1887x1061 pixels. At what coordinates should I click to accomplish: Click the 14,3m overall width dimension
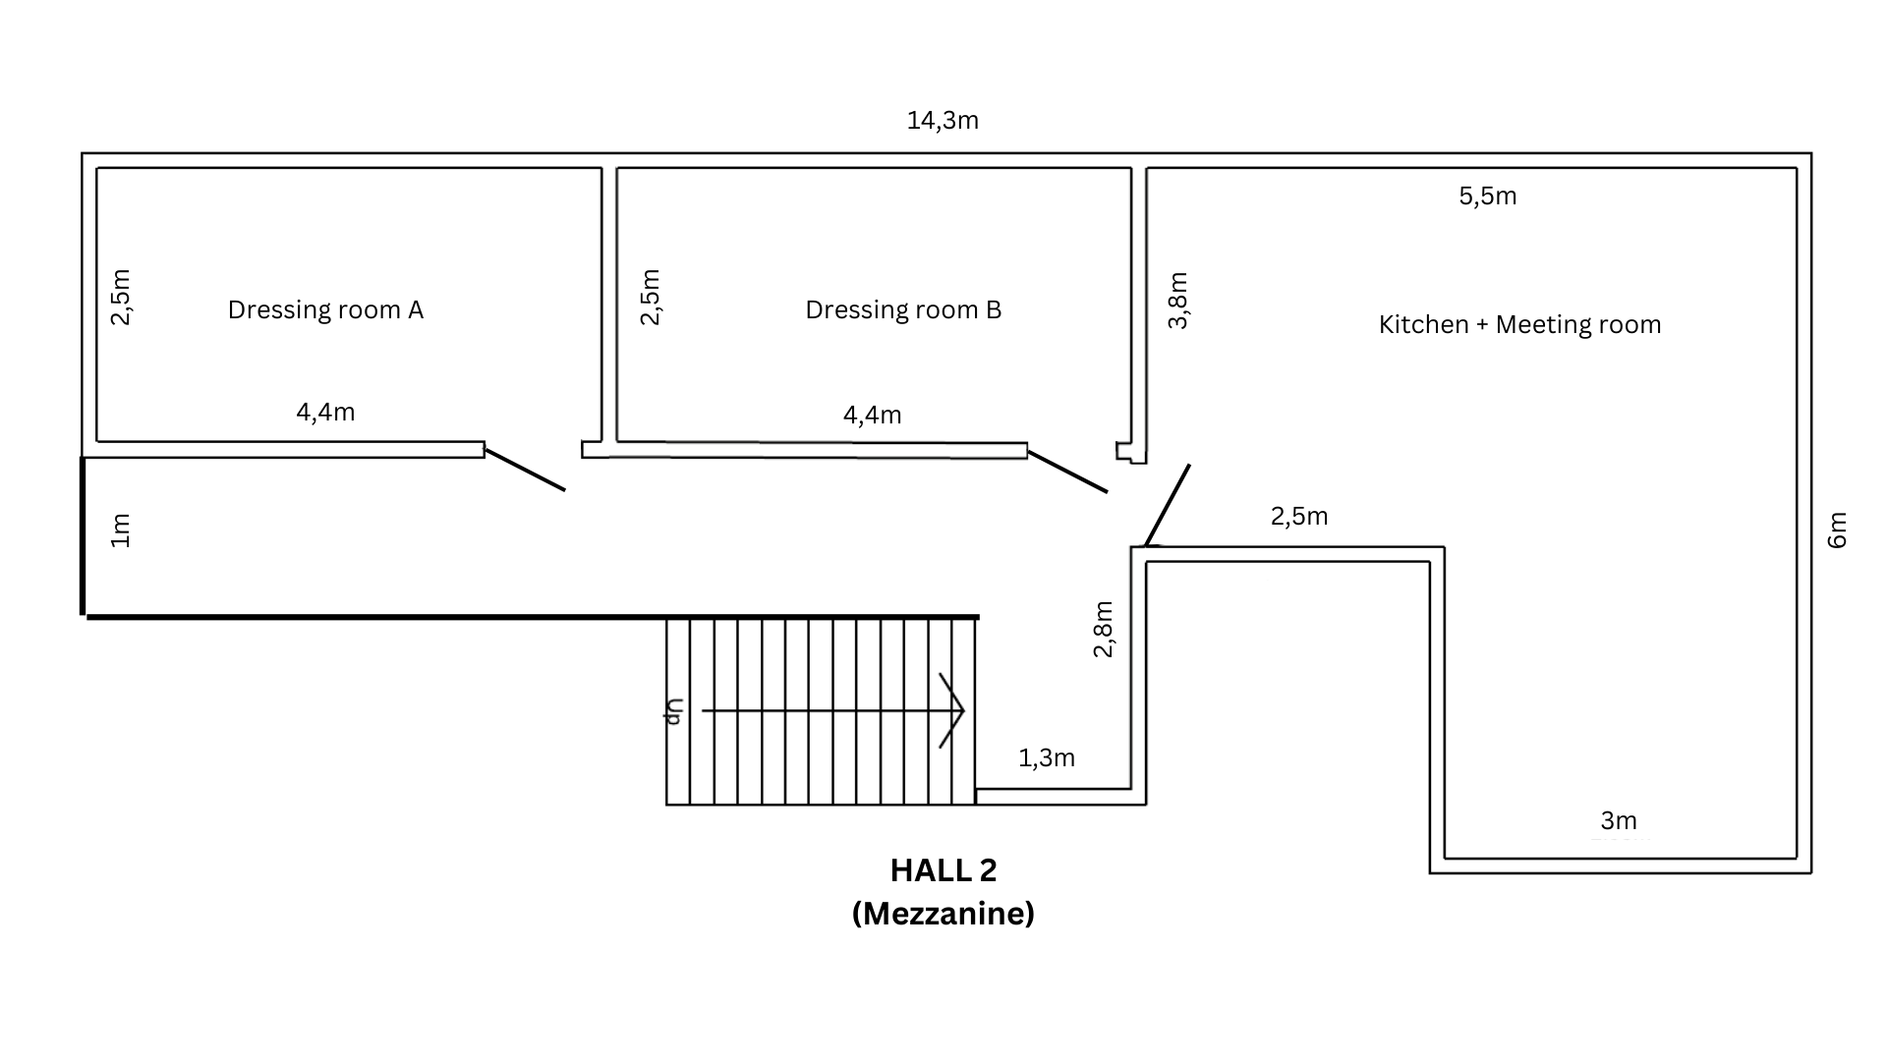943,121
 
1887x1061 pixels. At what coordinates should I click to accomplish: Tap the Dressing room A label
325,309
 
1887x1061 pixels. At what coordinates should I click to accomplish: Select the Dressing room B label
903,309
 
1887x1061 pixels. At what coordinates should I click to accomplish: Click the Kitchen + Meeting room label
1519,324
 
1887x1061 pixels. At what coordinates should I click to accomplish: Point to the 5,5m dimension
1487,196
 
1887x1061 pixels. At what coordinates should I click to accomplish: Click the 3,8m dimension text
1177,300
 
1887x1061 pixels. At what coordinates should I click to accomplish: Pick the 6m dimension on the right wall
1837,530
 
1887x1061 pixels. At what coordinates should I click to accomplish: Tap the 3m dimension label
1618,820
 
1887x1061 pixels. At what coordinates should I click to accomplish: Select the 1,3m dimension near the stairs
1046,757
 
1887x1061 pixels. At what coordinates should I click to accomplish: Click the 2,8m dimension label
1103,629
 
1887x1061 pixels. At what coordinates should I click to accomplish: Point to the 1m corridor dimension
120,530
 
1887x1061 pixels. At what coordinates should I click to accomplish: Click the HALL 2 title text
943,870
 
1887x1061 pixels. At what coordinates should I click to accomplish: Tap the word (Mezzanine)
943,914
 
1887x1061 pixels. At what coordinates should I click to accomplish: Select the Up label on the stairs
674,711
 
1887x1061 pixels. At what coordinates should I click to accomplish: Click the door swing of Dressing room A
525,470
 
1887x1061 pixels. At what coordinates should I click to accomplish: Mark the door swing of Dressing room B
1067,472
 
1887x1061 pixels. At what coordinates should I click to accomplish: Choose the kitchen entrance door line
1168,505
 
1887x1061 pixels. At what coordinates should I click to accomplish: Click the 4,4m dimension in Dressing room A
325,413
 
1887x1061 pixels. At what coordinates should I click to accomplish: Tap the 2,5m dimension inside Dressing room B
650,296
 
